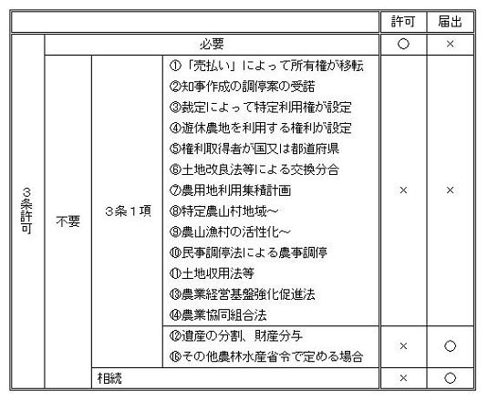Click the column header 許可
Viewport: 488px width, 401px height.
pyautogui.click(x=403, y=22)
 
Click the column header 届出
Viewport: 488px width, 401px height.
pyautogui.click(x=450, y=22)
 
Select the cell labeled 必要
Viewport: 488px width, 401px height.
pyautogui.click(x=212, y=44)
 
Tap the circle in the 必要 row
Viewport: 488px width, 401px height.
pyautogui.click(x=403, y=44)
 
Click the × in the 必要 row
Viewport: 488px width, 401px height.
pyautogui.click(x=450, y=44)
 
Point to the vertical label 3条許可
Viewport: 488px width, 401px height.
pyautogui.click(x=26, y=211)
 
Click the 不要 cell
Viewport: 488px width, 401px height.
pyautogui.click(x=68, y=221)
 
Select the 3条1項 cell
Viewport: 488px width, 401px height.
pyautogui.click(x=128, y=211)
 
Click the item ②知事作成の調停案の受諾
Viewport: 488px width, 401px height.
pyautogui.click(x=242, y=86)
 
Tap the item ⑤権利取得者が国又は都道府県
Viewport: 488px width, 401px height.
pyautogui.click(x=254, y=149)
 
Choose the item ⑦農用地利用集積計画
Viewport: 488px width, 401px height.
pyautogui.click(x=230, y=190)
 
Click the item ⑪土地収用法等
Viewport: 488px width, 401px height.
pyautogui.click(x=212, y=273)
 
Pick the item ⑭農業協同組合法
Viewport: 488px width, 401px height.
pyautogui.click(x=218, y=315)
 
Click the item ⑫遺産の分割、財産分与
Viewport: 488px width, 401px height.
pyautogui.click(x=236, y=335)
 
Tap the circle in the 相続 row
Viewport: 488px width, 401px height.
pyautogui.click(x=450, y=378)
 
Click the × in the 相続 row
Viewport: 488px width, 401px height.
pyautogui.click(x=403, y=378)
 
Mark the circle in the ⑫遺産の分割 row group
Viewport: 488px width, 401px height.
pyautogui.click(x=450, y=346)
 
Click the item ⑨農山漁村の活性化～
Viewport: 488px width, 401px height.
pyautogui.click(x=230, y=231)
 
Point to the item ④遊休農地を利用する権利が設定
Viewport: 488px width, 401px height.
pyautogui.click(x=261, y=128)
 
